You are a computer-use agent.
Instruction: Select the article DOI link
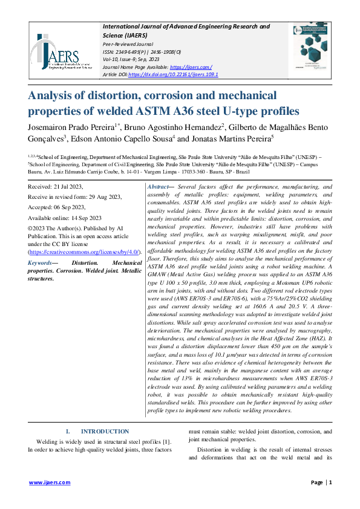(176, 74)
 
